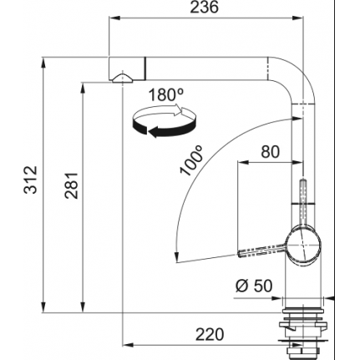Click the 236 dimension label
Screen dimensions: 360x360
[204, 8]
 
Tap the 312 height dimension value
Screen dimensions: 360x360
[31, 180]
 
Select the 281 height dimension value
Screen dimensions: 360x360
[71, 185]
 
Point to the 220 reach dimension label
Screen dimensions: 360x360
[210, 334]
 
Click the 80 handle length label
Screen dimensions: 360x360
[270, 152]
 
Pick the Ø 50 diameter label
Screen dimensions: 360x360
[254, 286]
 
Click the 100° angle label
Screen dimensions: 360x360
[191, 160]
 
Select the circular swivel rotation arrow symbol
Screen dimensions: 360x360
[165, 121]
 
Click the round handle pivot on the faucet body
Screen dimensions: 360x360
[303, 246]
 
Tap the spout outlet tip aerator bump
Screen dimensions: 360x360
[123, 79]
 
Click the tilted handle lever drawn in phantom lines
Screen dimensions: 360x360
[261, 251]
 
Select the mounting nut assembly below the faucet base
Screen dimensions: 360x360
[302, 332]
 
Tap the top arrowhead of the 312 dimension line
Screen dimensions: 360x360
[43, 63]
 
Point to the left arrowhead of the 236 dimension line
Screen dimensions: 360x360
[114, 18]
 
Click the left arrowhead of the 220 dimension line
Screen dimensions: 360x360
[128, 345]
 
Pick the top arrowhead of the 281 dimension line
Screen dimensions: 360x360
[83, 88]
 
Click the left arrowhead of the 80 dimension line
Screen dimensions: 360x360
[243, 162]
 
